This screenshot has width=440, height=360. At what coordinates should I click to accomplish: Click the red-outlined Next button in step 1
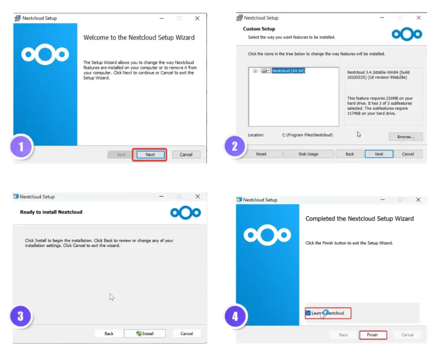point(150,155)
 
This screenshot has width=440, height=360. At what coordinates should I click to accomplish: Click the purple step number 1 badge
point(21,147)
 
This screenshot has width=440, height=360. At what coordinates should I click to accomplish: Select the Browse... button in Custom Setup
point(406,137)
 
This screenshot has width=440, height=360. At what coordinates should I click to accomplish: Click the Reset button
point(261,154)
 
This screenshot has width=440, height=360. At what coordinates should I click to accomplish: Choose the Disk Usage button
point(308,154)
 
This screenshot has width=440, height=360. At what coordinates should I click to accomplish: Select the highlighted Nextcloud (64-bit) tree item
point(288,71)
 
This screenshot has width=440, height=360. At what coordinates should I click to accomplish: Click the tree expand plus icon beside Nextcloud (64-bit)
point(255,71)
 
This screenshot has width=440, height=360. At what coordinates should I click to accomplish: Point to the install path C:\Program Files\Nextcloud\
point(307,135)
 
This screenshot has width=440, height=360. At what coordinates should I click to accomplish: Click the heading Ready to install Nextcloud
point(51,212)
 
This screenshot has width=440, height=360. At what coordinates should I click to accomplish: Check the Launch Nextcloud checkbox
point(309,313)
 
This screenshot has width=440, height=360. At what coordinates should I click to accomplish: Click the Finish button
point(372,335)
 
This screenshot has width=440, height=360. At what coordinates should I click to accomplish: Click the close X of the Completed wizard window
point(418,200)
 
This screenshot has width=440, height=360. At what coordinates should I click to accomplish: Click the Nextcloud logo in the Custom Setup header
point(407,34)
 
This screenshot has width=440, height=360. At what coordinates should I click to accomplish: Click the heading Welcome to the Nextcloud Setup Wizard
point(139,38)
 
